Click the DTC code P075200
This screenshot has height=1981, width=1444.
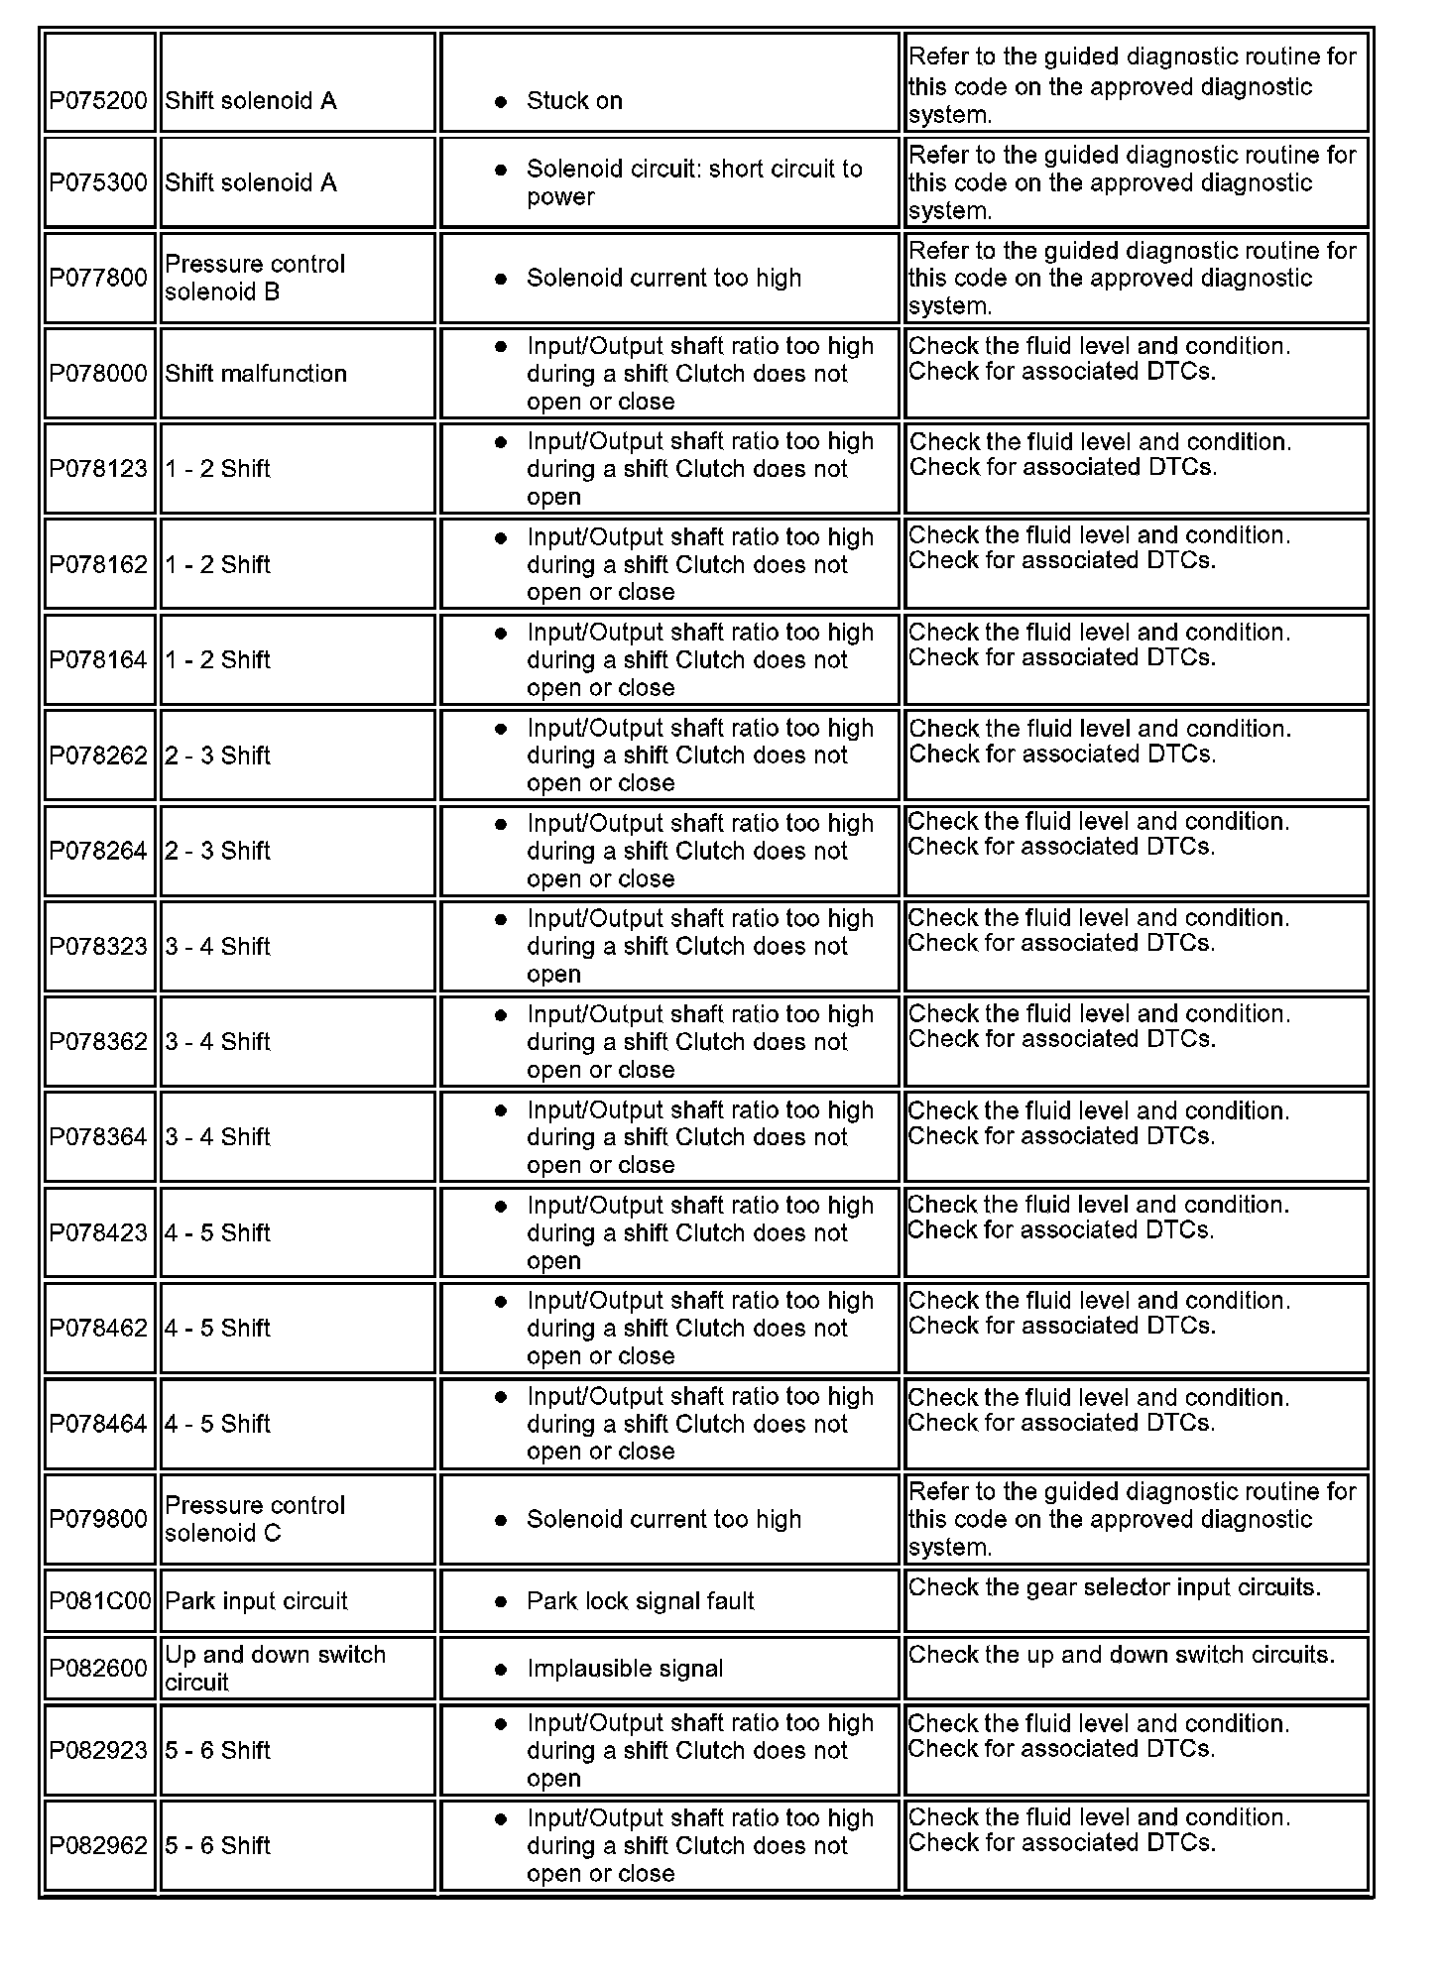point(98,100)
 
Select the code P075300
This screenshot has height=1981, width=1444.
point(98,182)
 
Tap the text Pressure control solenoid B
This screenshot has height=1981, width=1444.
point(255,278)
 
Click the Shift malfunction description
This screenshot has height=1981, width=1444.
point(256,374)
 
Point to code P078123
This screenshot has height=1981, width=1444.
point(98,469)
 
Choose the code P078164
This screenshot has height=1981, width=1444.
point(98,660)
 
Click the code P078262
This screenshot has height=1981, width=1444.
point(98,756)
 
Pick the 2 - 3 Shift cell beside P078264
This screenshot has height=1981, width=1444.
point(217,851)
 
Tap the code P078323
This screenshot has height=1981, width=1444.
point(98,947)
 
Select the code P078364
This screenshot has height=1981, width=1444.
point(98,1137)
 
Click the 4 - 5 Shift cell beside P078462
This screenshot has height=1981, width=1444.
point(217,1329)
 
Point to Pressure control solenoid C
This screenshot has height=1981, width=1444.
point(255,1519)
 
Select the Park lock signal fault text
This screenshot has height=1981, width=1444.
point(640,1601)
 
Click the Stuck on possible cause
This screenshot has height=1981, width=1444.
point(574,100)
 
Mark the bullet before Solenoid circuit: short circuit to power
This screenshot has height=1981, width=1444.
point(501,170)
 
